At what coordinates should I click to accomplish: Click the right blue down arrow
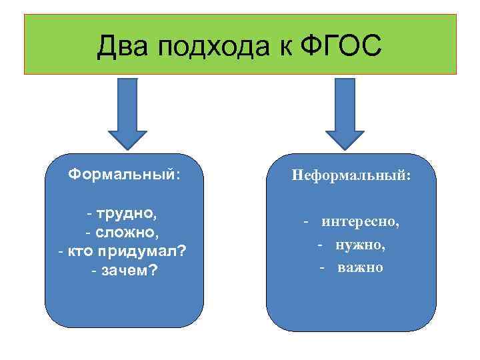click(349, 111)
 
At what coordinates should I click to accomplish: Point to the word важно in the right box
click(360, 267)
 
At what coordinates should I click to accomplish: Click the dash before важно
click(321, 267)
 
